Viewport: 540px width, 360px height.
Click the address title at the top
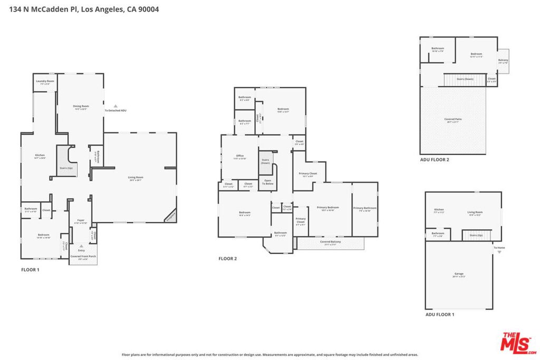pyautogui.click(x=84, y=9)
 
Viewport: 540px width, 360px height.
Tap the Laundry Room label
pyautogui.click(x=45, y=82)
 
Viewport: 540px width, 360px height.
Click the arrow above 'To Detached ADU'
pyautogui.click(x=115, y=106)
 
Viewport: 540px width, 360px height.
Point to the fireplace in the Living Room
pyautogui.click(x=170, y=216)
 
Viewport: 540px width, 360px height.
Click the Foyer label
pyautogui.click(x=81, y=221)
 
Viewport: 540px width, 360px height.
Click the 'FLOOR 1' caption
pyautogui.click(x=30, y=269)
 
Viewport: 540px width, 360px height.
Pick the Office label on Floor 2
pyautogui.click(x=239, y=157)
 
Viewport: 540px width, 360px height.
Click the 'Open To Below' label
pyautogui.click(x=268, y=182)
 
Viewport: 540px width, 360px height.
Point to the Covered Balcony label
pyautogui.click(x=330, y=242)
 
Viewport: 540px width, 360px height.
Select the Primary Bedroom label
pyautogui.click(x=327, y=208)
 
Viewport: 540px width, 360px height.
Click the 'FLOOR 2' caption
pyautogui.click(x=228, y=258)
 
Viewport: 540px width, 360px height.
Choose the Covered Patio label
pyautogui.click(x=453, y=120)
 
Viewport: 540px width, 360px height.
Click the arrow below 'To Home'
pyautogui.click(x=499, y=252)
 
